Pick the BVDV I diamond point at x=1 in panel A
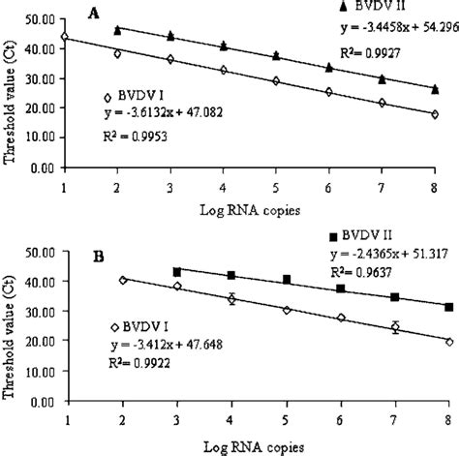tap(64, 37)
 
